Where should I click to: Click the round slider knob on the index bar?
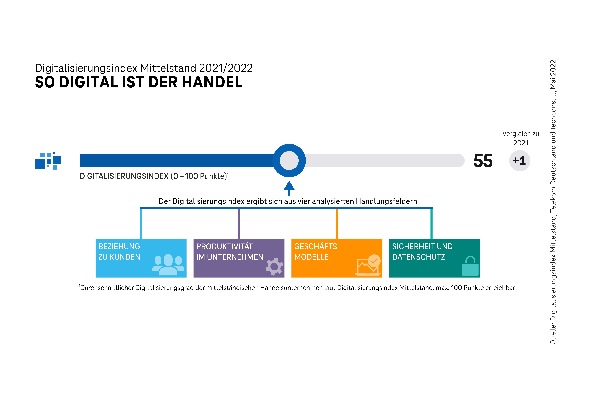point(289,160)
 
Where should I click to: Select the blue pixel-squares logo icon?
point(48,160)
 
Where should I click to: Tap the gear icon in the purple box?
point(274,266)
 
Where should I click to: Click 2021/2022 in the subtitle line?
point(226,68)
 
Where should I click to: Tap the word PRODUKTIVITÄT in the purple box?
point(224,246)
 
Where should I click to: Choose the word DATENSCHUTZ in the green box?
point(418,257)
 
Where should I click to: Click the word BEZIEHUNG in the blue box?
point(119,246)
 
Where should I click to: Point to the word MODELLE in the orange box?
point(311,257)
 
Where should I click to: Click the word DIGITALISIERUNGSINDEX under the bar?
point(124,176)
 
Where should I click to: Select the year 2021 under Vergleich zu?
point(521,143)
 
